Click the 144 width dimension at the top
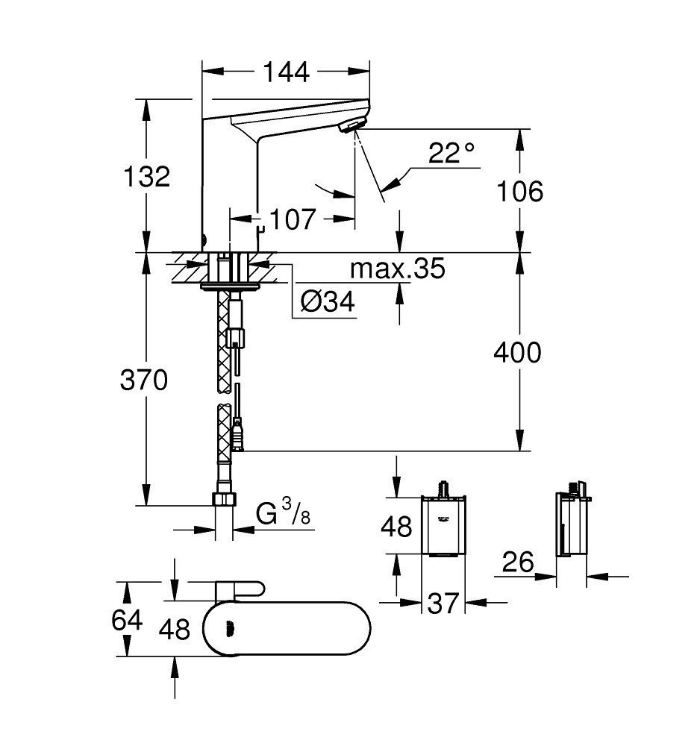point(286,72)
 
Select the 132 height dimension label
point(148,177)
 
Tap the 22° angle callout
point(451,154)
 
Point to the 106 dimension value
point(519,192)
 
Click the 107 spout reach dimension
point(293,219)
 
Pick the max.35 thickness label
point(397,269)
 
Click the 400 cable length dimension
point(517,352)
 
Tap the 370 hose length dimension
point(144,380)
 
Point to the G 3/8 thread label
point(281,515)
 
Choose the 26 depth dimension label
point(518,562)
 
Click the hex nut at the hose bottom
point(224,499)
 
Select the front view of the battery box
point(443,525)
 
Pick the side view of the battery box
point(572,525)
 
